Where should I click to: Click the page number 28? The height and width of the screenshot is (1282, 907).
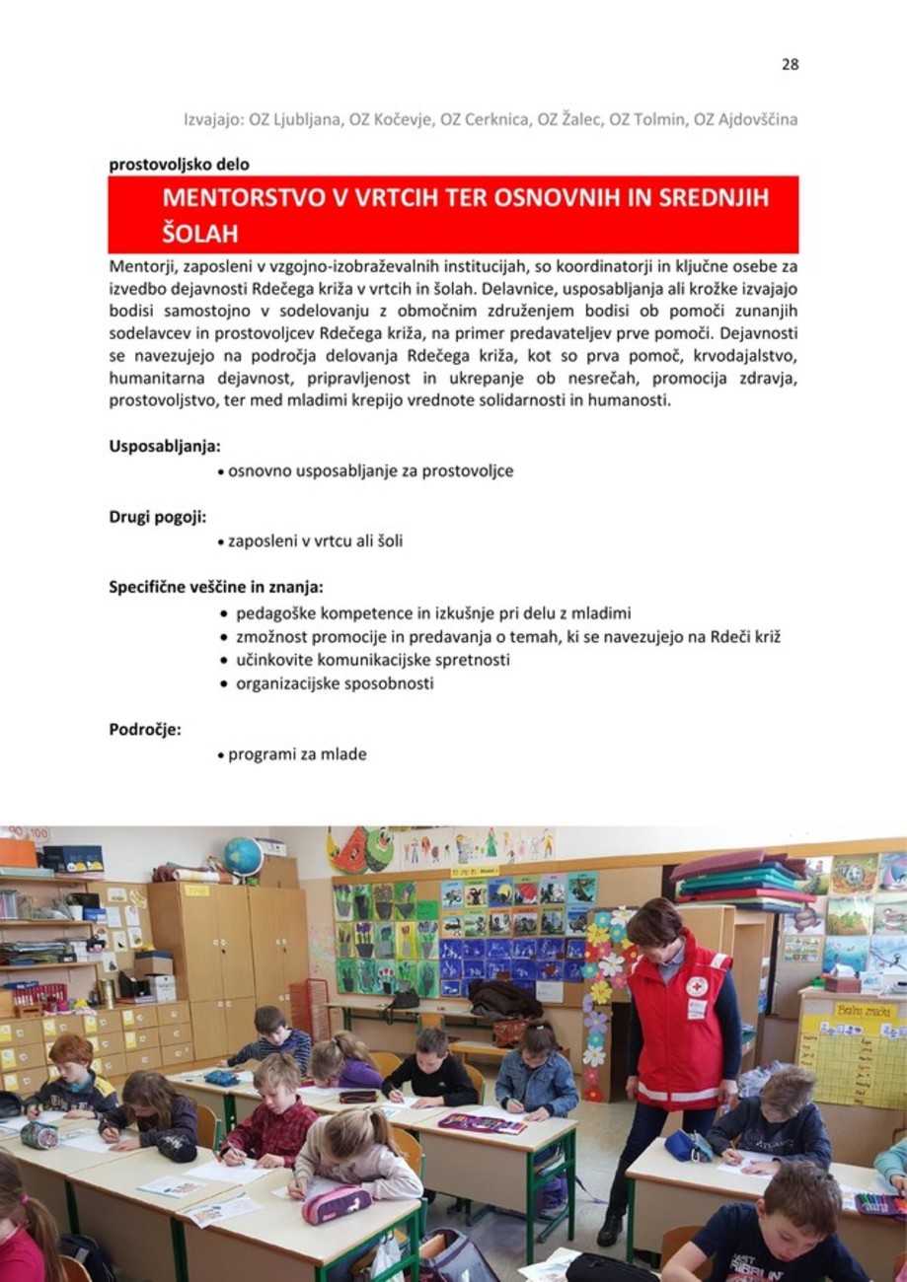[x=790, y=65]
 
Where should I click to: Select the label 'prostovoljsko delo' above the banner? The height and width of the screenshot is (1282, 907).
[x=179, y=165]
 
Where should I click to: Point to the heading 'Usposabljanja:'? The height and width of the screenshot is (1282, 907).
[x=164, y=445]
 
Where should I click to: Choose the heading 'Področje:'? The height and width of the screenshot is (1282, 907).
[x=144, y=730]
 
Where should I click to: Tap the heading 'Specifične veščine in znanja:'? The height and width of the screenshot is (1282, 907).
[x=216, y=588]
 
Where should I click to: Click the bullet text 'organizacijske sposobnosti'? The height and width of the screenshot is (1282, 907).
[x=335, y=683]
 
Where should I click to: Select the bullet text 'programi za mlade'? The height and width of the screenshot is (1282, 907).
[x=297, y=754]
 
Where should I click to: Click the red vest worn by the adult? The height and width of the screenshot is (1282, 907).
[x=678, y=1026]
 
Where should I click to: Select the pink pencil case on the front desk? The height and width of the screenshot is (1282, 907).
[x=336, y=1204]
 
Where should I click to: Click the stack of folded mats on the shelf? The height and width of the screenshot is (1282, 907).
[x=739, y=882]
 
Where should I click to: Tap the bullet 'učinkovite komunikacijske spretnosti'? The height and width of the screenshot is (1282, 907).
[x=372, y=660]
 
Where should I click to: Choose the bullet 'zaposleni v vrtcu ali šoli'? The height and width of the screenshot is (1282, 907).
[x=315, y=541]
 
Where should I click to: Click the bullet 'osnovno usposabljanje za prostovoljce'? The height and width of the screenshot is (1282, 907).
[x=370, y=470]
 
